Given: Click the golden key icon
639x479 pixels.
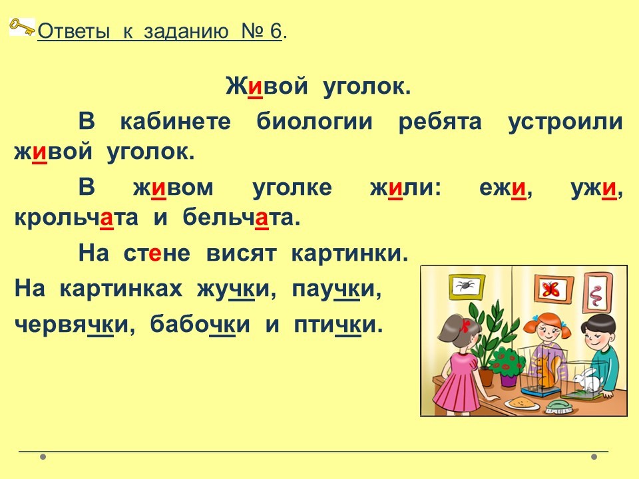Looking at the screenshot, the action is point(21,27).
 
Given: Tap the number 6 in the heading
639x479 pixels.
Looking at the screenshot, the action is point(276,31).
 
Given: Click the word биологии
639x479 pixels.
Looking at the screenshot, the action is point(314,121).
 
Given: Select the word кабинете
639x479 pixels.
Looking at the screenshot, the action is point(176,121).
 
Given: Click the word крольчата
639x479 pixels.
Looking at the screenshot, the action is point(76,218).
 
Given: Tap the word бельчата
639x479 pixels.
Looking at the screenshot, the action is point(241,218).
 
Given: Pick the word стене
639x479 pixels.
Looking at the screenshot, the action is point(157,253).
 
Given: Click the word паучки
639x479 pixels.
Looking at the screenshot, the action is point(337,289).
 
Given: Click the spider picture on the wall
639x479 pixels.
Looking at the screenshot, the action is point(467,285).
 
